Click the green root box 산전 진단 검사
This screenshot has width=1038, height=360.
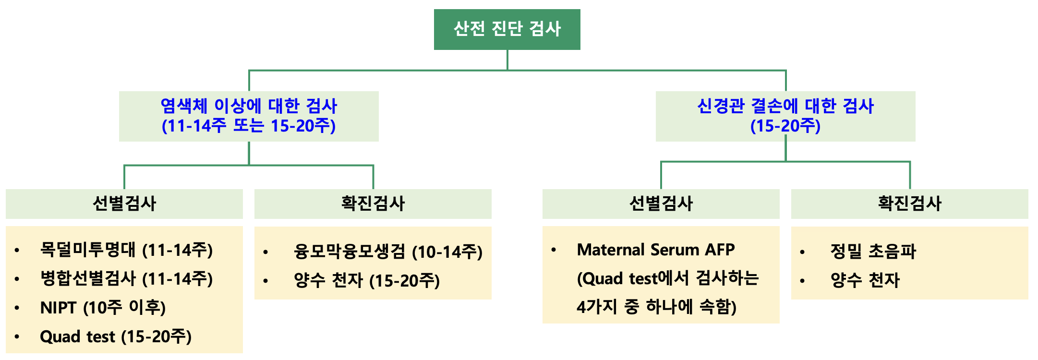coord(507,29)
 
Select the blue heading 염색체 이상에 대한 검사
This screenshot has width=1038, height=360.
coord(249,106)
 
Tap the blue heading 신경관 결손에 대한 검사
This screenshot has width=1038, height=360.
coord(785,106)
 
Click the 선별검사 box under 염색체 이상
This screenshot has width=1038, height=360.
coord(124,204)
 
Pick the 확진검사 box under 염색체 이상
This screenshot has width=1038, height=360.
coord(373,204)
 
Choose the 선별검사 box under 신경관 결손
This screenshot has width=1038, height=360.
coord(661,204)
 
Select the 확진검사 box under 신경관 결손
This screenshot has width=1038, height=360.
coord(910,204)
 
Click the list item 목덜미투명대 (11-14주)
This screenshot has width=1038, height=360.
coord(126,250)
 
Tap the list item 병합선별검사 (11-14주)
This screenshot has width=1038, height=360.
coord(126,279)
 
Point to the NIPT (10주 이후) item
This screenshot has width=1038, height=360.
coord(103,308)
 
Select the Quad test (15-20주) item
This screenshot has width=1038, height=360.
coord(116,336)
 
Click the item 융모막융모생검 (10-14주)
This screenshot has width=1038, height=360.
coord(388,252)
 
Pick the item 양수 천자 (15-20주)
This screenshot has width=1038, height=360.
coord(367,281)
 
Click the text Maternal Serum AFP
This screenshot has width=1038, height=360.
coord(656,250)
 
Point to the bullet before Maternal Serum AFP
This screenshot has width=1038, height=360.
coord(554,250)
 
